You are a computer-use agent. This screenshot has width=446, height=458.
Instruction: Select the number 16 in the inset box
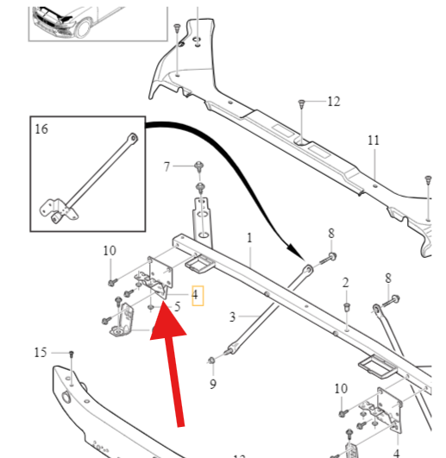click(x=41, y=129)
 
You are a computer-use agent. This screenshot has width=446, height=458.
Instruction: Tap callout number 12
click(x=334, y=102)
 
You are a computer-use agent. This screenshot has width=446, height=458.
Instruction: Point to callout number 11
click(x=374, y=141)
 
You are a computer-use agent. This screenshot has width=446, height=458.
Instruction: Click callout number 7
click(x=166, y=166)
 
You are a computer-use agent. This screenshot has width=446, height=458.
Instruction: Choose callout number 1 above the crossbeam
click(x=249, y=238)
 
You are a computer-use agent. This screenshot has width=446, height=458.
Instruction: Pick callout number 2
click(x=346, y=283)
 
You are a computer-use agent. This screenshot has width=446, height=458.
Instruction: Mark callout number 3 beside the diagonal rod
click(x=232, y=317)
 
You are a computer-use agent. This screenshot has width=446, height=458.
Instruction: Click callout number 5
click(x=178, y=307)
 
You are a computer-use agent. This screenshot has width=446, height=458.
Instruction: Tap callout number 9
click(x=213, y=384)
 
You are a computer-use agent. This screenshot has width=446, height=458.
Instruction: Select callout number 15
click(x=41, y=353)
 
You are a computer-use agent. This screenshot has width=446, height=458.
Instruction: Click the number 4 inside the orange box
click(x=195, y=295)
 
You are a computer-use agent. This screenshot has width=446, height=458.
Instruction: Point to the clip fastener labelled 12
click(x=301, y=104)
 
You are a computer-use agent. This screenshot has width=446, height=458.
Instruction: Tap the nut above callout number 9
click(x=211, y=361)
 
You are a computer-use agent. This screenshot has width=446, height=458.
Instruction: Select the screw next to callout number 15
click(x=71, y=354)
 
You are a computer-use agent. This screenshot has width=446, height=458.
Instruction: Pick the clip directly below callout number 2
click(x=347, y=307)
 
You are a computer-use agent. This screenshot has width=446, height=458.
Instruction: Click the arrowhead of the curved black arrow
click(x=297, y=251)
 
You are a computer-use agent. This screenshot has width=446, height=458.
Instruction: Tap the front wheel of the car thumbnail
click(x=83, y=27)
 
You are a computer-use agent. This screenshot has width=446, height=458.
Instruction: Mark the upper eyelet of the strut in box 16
click(x=133, y=138)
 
